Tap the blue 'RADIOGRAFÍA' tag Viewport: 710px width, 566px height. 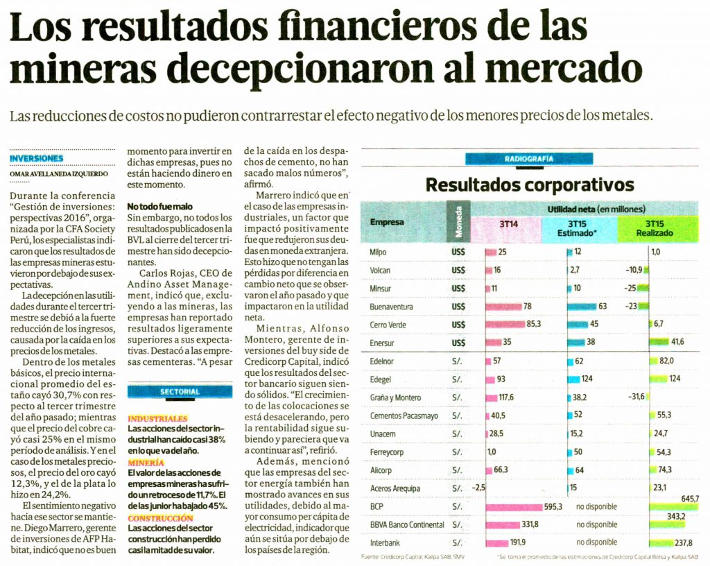tap(529, 159)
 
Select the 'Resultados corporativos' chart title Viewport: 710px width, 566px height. tap(530, 185)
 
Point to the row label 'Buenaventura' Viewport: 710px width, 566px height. tap(391, 307)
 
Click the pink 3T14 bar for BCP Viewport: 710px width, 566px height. tap(514, 507)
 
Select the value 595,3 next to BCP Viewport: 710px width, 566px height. tap(553, 507)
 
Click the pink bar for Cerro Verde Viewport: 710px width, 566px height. tap(505, 325)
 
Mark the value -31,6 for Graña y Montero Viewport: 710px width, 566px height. tap(636, 397)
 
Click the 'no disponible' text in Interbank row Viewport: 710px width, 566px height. tap(596, 542)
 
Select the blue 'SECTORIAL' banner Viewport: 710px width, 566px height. tap(180, 392)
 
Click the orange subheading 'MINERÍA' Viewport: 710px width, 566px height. tap(146, 462)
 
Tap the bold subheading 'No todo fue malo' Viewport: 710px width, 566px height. tap(159, 207)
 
